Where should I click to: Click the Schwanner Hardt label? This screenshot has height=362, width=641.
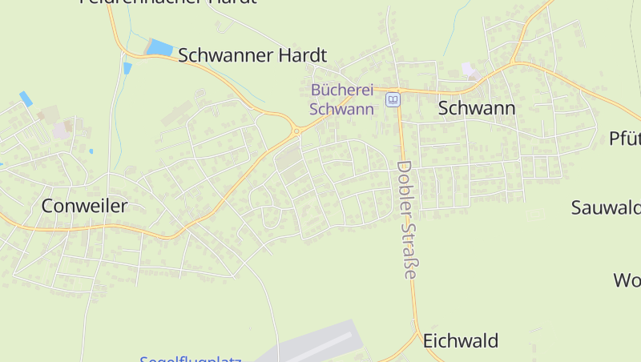pyautogui.click(x=252, y=55)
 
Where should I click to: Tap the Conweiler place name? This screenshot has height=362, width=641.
pyautogui.click(x=84, y=206)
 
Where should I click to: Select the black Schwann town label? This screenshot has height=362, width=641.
pyautogui.click(x=476, y=108)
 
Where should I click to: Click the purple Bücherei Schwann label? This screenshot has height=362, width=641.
pyautogui.click(x=342, y=99)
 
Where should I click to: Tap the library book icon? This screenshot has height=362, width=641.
pyautogui.click(x=392, y=99)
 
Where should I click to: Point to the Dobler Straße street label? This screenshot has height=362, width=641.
pyautogui.click(x=408, y=219)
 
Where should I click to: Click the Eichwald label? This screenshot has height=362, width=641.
pyautogui.click(x=461, y=340)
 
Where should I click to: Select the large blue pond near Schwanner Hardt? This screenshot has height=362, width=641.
pyautogui.click(x=159, y=48)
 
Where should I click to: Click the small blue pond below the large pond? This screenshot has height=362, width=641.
pyautogui.click(x=127, y=68)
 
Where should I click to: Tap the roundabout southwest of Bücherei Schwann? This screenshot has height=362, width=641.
pyautogui.click(x=296, y=131)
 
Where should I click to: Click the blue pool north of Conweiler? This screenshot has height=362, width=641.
pyautogui.click(x=26, y=99)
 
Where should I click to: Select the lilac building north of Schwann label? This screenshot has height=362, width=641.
pyautogui.click(x=470, y=71)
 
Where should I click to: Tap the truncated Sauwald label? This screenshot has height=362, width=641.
pyautogui.click(x=606, y=207)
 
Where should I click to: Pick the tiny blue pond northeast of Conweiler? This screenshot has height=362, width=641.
pyautogui.click(x=91, y=151)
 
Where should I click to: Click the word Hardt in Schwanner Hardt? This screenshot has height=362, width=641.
pyautogui.click(x=300, y=55)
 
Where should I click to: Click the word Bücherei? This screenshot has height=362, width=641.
pyautogui.click(x=342, y=90)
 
